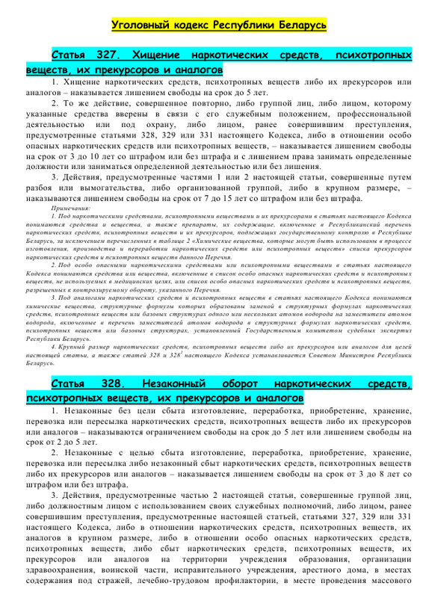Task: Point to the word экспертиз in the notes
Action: click(x=392, y=329)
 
